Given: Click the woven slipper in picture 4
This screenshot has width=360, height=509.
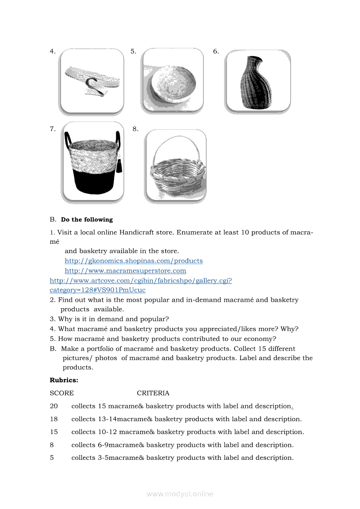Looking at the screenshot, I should [x=92, y=81].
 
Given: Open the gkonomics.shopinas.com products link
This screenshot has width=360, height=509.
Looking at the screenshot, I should [x=133, y=261].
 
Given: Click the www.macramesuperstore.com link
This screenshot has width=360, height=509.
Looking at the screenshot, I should [x=125, y=271].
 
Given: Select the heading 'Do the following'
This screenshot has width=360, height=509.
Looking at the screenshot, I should [x=87, y=219].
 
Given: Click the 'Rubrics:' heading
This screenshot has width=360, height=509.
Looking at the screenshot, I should [x=64, y=380].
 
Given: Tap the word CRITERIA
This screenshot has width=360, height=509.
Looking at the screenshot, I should [x=153, y=393].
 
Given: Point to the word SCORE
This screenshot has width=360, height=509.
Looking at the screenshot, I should [x=61, y=393].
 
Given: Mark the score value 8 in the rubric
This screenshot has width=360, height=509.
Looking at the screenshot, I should [x=52, y=445].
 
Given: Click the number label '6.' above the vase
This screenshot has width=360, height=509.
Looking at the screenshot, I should [x=216, y=51].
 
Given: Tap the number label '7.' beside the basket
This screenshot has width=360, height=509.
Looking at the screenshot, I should [x=52, y=129].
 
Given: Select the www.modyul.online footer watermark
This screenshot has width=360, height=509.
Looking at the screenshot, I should [x=180, y=494].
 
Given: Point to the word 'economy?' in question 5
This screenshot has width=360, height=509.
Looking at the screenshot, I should [x=262, y=339].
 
